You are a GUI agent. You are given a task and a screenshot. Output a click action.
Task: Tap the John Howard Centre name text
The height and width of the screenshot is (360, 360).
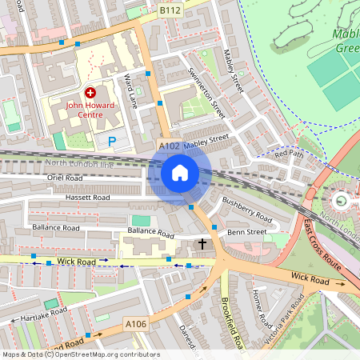click(x=90, y=108)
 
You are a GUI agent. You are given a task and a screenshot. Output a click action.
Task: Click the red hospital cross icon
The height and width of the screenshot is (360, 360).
click(x=90, y=93)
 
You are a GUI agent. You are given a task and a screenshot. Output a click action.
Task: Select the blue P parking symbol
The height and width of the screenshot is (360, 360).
click(x=112, y=142)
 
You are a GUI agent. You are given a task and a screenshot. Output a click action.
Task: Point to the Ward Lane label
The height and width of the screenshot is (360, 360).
click(x=128, y=90)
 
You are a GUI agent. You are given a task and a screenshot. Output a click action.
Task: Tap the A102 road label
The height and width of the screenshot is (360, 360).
click(x=169, y=146)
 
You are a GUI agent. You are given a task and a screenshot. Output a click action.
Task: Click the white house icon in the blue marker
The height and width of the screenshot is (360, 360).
click(x=180, y=173)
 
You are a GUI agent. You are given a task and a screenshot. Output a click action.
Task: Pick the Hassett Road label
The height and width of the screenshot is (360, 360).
click(x=69, y=197)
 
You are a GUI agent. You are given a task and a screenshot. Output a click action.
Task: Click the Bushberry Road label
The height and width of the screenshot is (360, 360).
click(x=248, y=210)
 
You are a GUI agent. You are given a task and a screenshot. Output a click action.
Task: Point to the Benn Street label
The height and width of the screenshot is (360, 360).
click(x=246, y=232)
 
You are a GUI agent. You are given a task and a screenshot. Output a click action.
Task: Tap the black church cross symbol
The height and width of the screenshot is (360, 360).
click(x=202, y=243)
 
